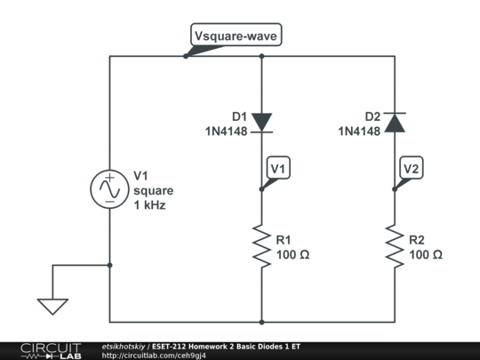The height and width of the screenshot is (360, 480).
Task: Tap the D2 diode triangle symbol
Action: [x=396, y=122]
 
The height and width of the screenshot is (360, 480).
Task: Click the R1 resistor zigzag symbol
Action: [x=262, y=246]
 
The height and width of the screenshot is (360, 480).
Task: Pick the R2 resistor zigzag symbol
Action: [x=396, y=246]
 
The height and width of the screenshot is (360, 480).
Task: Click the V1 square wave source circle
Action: [x=110, y=189]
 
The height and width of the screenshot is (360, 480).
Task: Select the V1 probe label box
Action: [x=278, y=168]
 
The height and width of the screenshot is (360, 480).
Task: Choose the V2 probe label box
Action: [x=412, y=168]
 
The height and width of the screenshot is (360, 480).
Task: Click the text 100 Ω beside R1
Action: [x=293, y=255]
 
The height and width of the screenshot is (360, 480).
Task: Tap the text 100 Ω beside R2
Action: [x=427, y=255]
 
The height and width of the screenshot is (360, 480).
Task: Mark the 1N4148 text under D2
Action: [x=358, y=131]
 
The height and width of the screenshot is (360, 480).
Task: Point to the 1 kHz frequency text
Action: [x=149, y=204]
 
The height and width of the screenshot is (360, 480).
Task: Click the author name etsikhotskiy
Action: [x=124, y=346]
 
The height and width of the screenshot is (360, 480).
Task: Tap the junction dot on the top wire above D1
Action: [x=262, y=56]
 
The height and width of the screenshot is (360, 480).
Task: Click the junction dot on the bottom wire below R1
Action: [x=262, y=322]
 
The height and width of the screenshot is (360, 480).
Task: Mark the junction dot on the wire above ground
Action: [x=110, y=264]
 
